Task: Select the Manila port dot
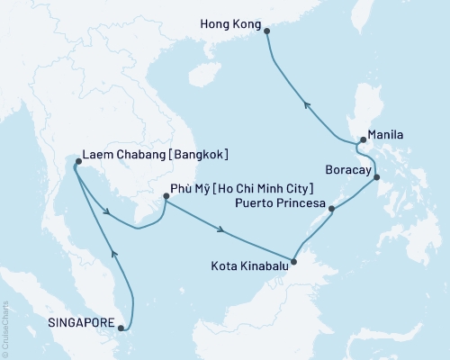coord(362,140)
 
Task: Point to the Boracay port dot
coord(377,177)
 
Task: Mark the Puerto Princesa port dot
coord(333,209)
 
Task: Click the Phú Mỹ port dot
coord(166,195)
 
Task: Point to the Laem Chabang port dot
coord(77,162)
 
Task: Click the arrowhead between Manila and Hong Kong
coord(307,103)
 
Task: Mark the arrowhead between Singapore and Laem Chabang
coord(113,255)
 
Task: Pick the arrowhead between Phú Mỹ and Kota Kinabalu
coord(221,230)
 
